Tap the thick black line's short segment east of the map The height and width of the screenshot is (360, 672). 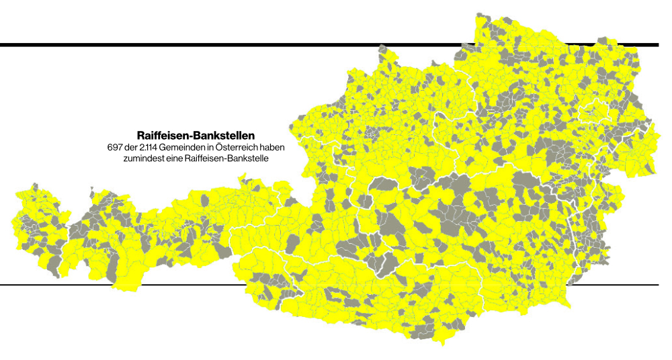click(649, 45)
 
